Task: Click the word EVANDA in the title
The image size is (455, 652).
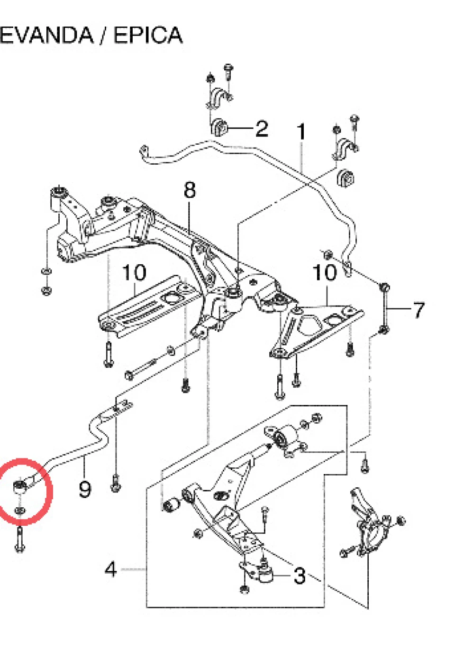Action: [x=46, y=35]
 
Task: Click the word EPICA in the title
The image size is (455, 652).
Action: [x=148, y=35]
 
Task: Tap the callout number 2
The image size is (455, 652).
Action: [x=262, y=128]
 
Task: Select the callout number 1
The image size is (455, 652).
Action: [x=301, y=131]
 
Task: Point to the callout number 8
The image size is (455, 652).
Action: [x=190, y=190]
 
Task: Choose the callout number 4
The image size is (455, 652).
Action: [x=111, y=569]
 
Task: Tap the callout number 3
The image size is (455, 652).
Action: [x=300, y=576]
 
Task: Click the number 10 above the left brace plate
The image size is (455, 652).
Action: [x=134, y=272]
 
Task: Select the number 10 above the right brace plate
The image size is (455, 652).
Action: [x=325, y=272]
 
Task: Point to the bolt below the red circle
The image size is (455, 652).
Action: [x=20, y=539]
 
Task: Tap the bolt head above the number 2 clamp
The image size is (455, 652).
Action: [x=228, y=69]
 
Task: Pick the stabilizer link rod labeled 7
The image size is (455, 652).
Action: [x=385, y=308]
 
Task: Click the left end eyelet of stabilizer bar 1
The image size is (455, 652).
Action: [x=143, y=151]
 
